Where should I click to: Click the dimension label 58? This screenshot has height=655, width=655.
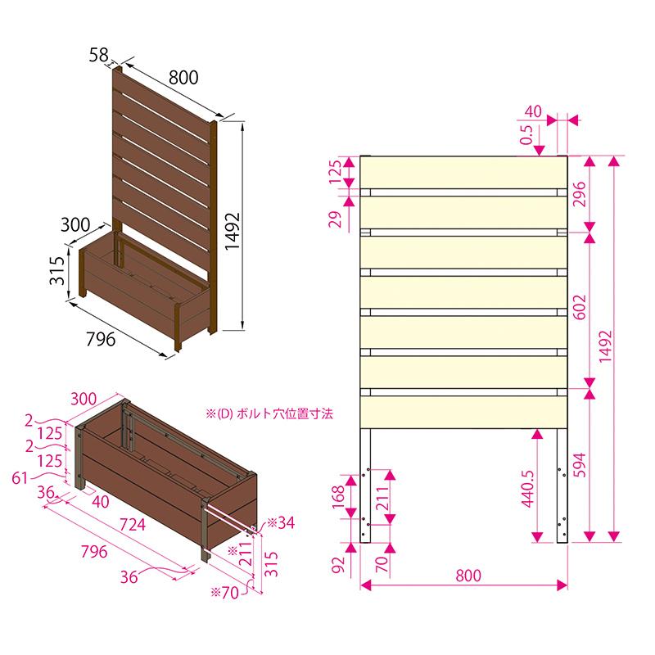coord(98,55)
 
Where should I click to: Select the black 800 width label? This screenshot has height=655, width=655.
coord(183,78)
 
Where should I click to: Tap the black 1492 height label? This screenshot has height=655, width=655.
coord(233,232)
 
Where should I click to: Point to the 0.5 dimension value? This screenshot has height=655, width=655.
coord(527,135)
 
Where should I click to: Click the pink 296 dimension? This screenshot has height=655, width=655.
coord(580,194)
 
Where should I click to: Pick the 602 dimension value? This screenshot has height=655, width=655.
coord(580,308)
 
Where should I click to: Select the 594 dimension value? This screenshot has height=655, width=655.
coord(580,465)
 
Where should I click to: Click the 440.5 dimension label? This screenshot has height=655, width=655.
coord(528,489)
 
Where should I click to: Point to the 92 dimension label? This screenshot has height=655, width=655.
coord(338,565)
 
